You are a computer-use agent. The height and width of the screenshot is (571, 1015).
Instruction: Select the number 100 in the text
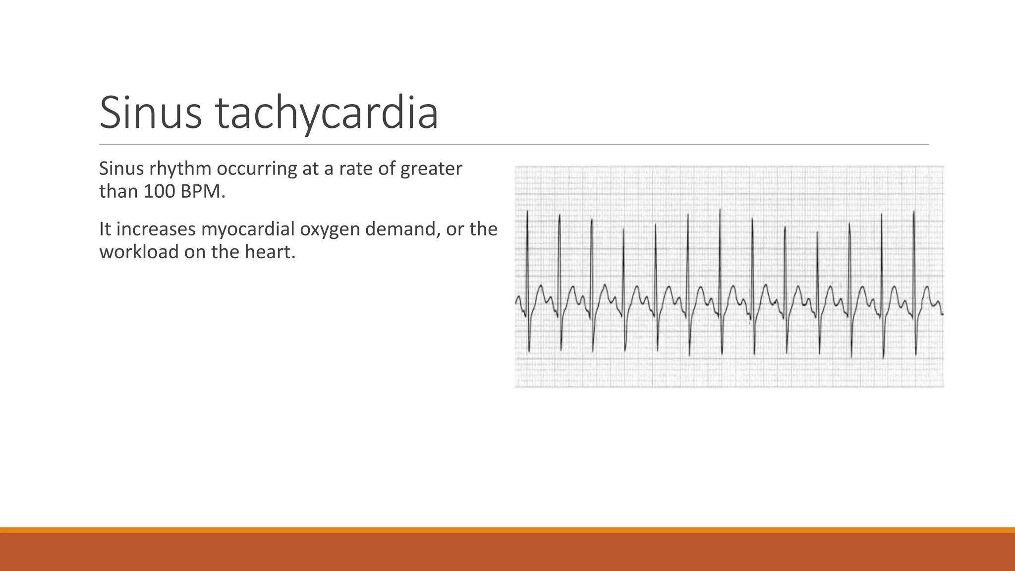click(159, 192)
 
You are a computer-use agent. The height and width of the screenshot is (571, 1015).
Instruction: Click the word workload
click(139, 252)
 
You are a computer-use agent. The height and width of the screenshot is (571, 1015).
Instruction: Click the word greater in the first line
click(431, 169)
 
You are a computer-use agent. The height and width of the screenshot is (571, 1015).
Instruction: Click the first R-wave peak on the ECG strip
click(527, 212)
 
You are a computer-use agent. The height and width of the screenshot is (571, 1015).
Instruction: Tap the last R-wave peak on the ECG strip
click(913, 212)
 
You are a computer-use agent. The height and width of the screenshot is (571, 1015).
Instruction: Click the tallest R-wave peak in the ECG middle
click(720, 210)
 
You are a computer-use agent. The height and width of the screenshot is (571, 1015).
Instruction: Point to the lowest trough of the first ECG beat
click(529, 351)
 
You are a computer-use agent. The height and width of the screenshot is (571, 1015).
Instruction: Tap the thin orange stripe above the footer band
click(507, 530)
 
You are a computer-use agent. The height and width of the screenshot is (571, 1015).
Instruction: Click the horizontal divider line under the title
click(513, 145)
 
